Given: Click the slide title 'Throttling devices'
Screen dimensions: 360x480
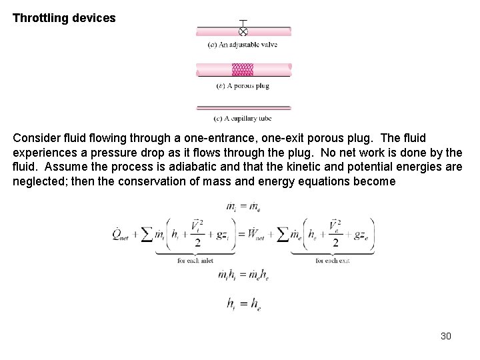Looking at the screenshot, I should [64, 19].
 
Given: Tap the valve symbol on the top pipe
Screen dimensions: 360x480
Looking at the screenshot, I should [243, 31].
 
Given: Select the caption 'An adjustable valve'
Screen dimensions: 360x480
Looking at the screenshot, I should [243, 45].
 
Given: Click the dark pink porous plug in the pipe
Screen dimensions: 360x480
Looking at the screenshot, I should [243, 70].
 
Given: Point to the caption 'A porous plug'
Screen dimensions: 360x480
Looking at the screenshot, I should [243, 85].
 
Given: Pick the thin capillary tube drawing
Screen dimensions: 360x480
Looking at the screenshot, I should [243, 107].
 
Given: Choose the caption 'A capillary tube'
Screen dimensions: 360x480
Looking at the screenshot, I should [243, 119].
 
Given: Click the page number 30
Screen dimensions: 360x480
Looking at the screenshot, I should [446, 336].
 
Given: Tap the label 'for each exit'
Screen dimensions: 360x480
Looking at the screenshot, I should [331, 261].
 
